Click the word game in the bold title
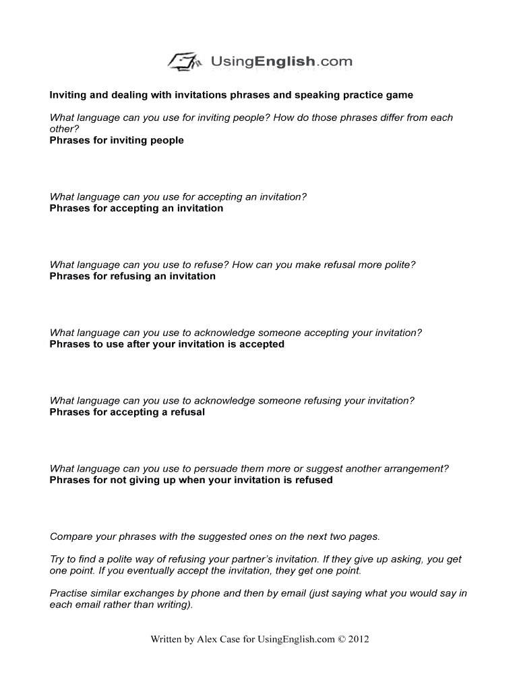(398, 95)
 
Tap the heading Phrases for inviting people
(117, 140)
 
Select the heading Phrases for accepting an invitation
(136, 209)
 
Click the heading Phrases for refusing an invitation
(133, 276)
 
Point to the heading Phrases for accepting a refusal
(127, 412)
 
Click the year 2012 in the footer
(356, 640)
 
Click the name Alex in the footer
(208, 640)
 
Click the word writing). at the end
(171, 605)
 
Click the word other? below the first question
(65, 129)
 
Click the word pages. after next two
(365, 536)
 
